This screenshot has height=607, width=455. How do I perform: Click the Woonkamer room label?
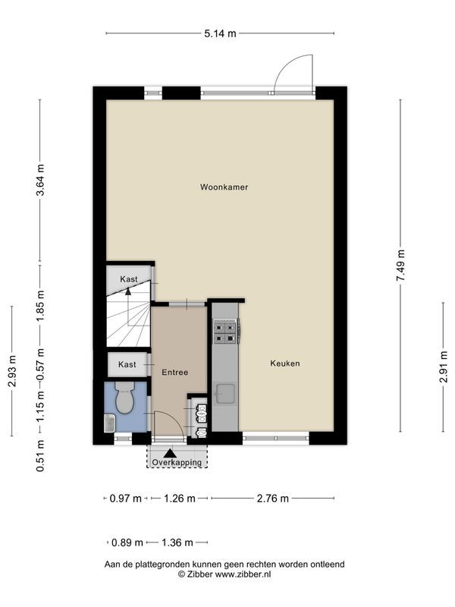pos(224,187)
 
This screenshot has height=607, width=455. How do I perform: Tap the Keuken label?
pos(285,363)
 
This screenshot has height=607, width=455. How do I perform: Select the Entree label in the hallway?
pos(175,373)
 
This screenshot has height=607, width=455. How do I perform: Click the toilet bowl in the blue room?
pos(124,397)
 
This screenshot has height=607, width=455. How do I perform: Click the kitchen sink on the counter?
pos(225,393)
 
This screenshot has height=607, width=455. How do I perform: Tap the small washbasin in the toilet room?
pos(110,423)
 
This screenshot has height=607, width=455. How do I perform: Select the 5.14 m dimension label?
pos(220,33)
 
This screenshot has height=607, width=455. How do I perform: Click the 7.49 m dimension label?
pos(401,265)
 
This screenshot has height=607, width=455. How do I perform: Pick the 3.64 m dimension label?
pos(40,180)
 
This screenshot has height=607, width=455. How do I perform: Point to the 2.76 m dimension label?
pos(273,498)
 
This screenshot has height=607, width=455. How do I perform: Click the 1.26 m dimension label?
pos(180,498)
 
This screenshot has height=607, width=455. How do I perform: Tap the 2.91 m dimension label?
pos(444,367)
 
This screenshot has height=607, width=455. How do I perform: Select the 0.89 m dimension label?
pos(127,543)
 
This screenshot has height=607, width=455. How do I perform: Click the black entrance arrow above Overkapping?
pos(170,453)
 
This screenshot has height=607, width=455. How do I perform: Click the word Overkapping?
pos(177,462)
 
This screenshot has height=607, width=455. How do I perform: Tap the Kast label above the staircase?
pos(128,279)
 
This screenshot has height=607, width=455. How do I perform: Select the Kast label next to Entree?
pos(127,365)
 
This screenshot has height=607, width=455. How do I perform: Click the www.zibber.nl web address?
pos(243,574)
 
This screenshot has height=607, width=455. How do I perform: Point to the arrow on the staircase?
pos(128,291)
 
